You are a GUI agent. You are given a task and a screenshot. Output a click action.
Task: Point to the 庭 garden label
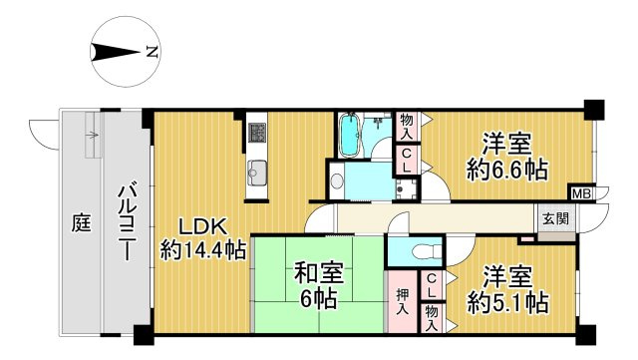(80, 222)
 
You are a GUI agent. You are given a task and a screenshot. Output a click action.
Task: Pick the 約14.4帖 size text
(202, 250)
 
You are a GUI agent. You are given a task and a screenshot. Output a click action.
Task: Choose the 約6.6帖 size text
(507, 170)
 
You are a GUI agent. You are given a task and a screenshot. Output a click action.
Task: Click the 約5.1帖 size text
(507, 299)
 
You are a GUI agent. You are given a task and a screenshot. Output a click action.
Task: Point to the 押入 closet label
(400, 299)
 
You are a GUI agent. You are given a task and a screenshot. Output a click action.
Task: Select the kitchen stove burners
(257, 132)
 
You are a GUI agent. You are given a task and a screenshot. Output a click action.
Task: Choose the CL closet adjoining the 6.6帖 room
(408, 159)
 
